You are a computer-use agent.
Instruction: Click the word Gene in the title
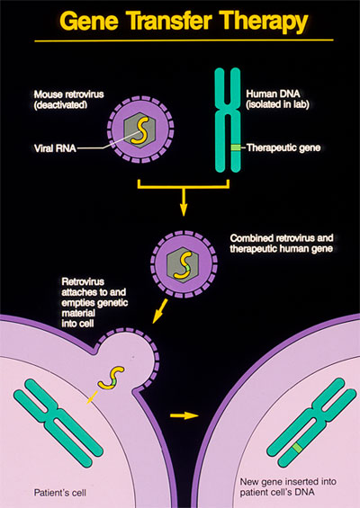coord(89,21)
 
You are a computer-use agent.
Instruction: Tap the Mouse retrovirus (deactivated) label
coord(68,100)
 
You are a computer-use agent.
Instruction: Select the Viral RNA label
coord(55,148)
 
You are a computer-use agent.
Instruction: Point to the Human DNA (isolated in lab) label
coord(277,99)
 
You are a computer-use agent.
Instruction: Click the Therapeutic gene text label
coord(283,147)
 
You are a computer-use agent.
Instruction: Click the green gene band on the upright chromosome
coord(236,147)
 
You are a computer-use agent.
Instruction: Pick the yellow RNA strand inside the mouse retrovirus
coord(139,129)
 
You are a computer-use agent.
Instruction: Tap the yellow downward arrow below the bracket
coord(184,201)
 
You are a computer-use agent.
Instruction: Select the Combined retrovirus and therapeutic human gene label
coord(282,244)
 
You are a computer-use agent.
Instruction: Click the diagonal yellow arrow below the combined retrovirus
coord(160,311)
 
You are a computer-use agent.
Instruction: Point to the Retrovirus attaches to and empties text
coord(94,292)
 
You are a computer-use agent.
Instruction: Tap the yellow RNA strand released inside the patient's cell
coord(112,378)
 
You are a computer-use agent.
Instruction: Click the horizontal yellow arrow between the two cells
coord(184,415)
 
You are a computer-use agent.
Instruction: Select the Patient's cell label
coord(60,493)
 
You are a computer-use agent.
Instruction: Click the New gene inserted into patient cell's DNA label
coord(288,486)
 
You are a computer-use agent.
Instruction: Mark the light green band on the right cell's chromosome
coord(297,448)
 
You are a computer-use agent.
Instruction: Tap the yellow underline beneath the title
coord(184,40)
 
